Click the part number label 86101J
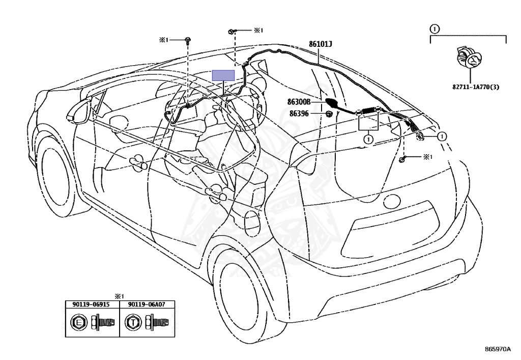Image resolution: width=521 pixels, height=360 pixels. tap(321, 44)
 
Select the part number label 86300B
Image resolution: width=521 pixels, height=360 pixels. tap(299, 102)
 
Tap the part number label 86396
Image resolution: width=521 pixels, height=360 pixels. tap(299, 114)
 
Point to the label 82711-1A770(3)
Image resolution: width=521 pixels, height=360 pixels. tap(476, 88)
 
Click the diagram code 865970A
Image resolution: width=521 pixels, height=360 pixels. tap(498, 349)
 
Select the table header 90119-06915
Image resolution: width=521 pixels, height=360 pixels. tap(91, 304)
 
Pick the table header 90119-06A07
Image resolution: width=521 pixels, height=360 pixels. tap(147, 304)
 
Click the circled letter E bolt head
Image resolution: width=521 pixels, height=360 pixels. tap(79, 322)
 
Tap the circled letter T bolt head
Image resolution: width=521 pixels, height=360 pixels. tap(133, 322)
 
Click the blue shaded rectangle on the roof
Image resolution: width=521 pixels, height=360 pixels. tap(224, 75)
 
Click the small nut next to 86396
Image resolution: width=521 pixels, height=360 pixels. tap(329, 114)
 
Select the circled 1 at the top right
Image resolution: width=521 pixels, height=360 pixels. tap(435, 29)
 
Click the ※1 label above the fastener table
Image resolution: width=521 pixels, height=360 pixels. tap(119, 296)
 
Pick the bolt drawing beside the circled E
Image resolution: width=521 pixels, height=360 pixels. tap(103, 322)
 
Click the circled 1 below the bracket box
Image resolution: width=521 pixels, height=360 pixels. tap(368, 139)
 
